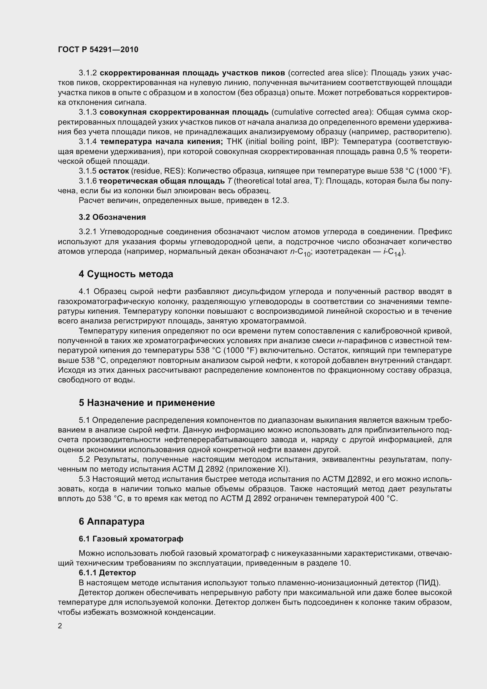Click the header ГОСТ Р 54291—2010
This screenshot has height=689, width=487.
98,49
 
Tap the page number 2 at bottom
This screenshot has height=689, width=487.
60,626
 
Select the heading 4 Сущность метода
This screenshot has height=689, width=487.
126,274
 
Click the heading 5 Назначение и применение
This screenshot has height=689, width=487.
147,403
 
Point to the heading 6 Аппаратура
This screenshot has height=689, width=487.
112,522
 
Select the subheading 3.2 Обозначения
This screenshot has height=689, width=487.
112,217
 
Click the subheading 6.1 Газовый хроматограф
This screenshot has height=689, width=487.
131,539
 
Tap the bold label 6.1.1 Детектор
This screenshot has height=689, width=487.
107,573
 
